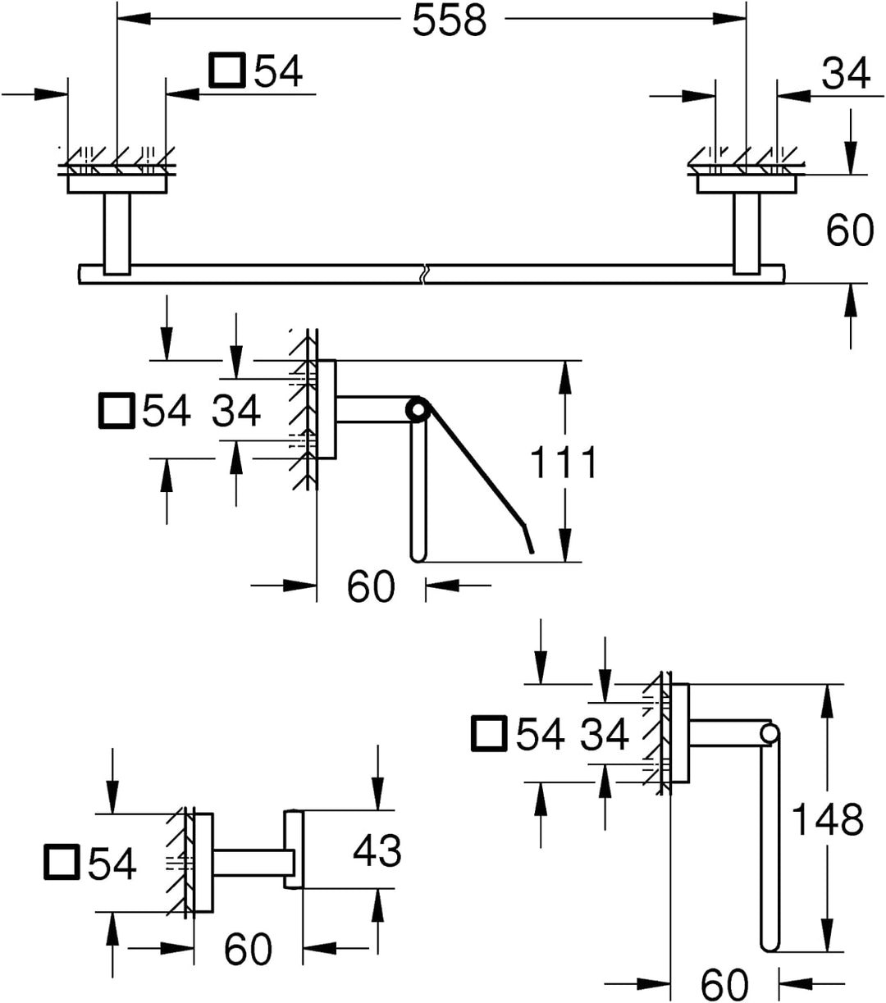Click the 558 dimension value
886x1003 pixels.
coord(450,21)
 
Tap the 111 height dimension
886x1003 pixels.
coord(564,462)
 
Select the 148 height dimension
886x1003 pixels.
coord(828,819)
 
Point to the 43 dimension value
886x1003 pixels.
coord(377,850)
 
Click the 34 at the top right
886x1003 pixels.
coord(845,73)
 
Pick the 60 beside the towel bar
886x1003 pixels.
coord(850,230)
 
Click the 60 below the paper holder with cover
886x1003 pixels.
coord(371,586)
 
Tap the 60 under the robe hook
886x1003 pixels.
coord(248,949)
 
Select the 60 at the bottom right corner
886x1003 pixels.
coord(724,984)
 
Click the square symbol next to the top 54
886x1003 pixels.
coord(227,71)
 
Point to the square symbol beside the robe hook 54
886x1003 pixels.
coord(62,862)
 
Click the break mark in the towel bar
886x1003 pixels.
coord(424,274)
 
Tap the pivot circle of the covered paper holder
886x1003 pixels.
coord(418,410)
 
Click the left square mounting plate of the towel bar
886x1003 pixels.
coord(116,185)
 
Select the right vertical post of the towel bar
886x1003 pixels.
coord(747,234)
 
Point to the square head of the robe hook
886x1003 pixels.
coord(294,849)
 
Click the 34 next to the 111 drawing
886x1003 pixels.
coord(235,410)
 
